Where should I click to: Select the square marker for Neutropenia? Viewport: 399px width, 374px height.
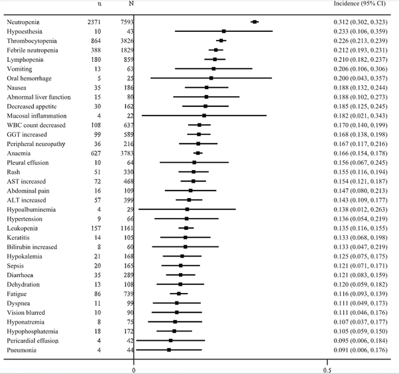(x=255, y=22)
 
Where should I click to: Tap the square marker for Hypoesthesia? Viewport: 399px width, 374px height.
(x=224, y=31)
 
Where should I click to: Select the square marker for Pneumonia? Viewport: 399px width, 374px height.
(x=169, y=349)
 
